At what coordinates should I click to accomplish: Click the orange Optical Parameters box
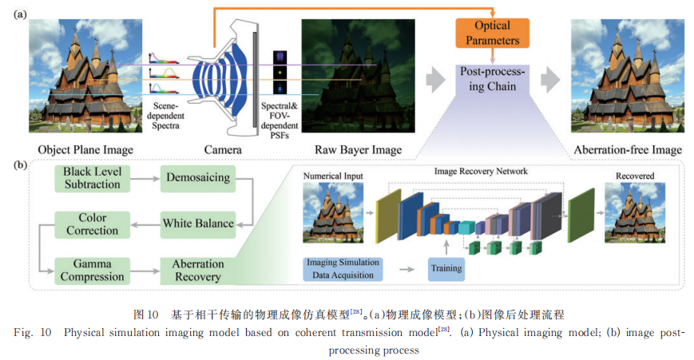click(492, 32)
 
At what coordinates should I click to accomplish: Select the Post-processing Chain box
click(493, 78)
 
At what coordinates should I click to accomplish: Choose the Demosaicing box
click(198, 176)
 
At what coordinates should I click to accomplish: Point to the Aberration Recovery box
click(198, 269)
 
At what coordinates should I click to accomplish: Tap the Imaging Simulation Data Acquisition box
click(343, 268)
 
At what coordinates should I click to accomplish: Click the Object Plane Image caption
click(85, 150)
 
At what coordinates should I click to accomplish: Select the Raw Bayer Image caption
click(356, 150)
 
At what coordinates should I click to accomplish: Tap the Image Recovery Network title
click(480, 171)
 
